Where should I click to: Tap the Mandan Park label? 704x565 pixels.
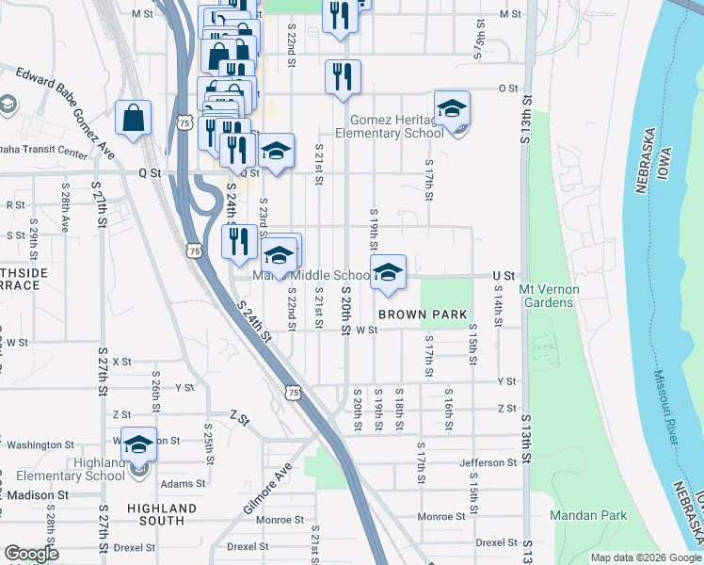(x=588, y=516)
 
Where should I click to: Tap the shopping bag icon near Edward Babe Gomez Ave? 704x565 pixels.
(x=134, y=120)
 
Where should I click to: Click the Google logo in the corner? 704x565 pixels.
(x=31, y=554)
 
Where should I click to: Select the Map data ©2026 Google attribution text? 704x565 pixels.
(x=646, y=557)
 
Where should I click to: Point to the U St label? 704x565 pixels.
(x=505, y=276)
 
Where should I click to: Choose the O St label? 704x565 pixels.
(x=508, y=89)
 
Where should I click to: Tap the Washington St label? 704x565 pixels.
(x=41, y=444)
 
